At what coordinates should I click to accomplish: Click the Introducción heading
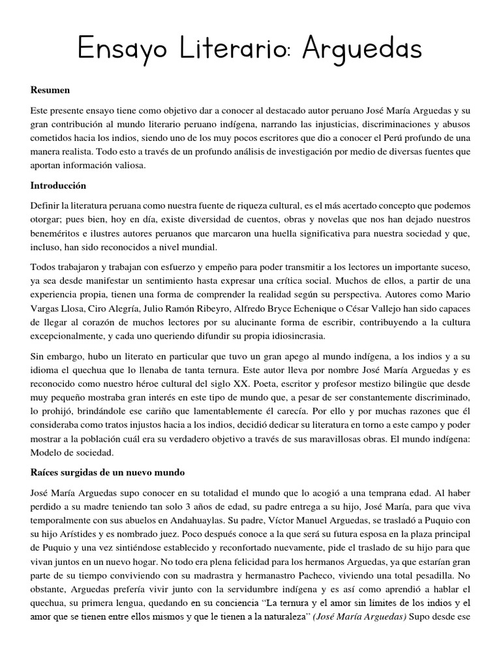(x=58, y=186)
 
